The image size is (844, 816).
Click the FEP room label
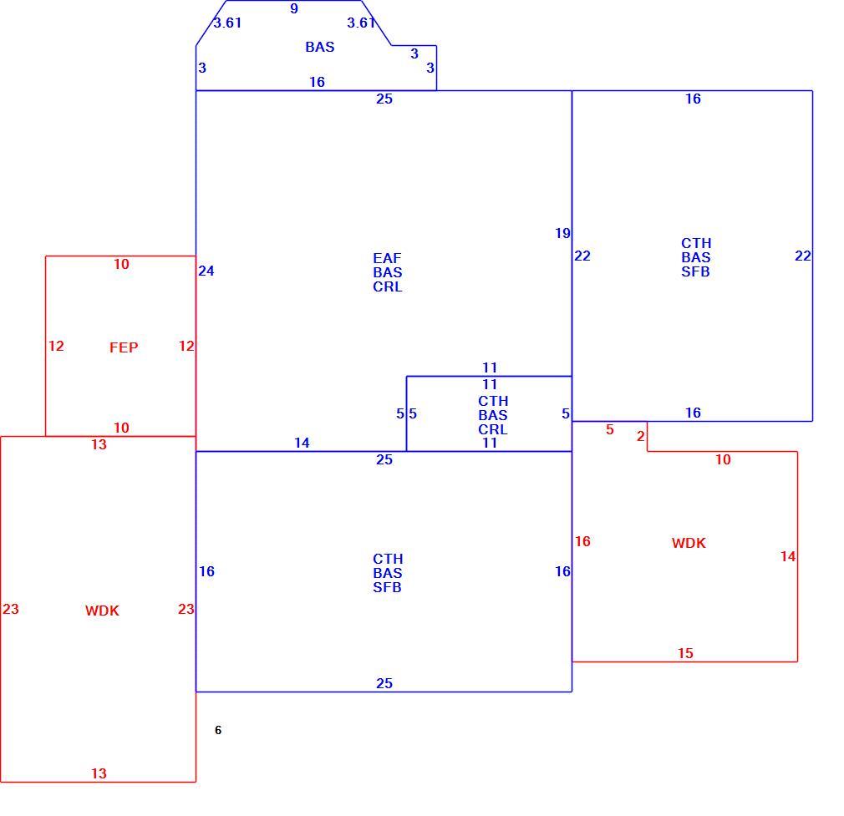click(x=124, y=347)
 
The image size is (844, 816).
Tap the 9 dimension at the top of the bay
click(x=294, y=8)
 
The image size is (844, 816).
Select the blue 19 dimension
click(x=562, y=234)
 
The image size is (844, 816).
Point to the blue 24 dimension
click(x=206, y=271)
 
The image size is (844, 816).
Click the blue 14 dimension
click(x=302, y=443)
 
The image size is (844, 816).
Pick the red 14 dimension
click(x=788, y=557)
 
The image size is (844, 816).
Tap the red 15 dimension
click(x=685, y=653)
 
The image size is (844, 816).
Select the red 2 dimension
click(x=641, y=436)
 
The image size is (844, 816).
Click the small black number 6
click(x=218, y=730)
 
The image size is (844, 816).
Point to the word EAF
click(x=387, y=258)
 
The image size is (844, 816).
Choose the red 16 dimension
click(x=582, y=542)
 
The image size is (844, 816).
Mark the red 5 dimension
click(x=610, y=430)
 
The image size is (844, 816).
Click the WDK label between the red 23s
click(x=102, y=611)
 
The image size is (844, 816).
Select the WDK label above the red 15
click(x=689, y=543)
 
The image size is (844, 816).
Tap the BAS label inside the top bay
click(x=320, y=48)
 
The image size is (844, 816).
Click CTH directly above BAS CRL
click(x=493, y=401)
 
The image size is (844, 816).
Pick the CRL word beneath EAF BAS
click(x=388, y=287)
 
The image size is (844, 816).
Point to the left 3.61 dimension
click(x=227, y=23)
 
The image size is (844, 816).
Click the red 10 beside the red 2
click(x=723, y=460)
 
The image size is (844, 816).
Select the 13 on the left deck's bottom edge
click(x=99, y=773)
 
